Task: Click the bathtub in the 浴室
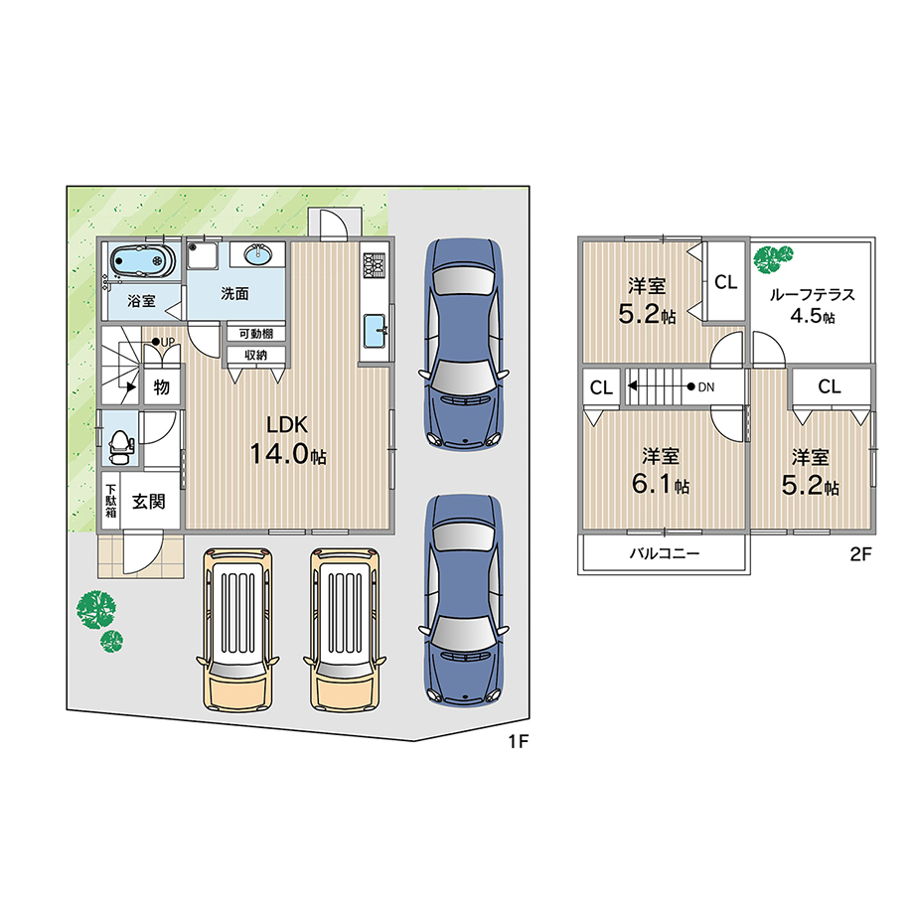pos(142,260)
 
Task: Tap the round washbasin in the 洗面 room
pos(257,253)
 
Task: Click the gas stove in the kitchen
pos(375,264)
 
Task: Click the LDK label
pos(287,425)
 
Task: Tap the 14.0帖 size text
pos(288,453)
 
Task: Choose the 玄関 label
pos(149,502)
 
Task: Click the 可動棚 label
pos(256,334)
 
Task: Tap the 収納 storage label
pos(256,355)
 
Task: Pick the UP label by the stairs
pos(167,342)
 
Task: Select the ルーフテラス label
pos(812,295)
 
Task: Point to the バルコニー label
pos(664,553)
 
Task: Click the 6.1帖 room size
pos(661,485)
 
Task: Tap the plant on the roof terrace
pos(773,259)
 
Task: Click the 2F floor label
pos(860,554)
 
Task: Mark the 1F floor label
pos(519,741)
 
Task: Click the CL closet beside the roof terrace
pos(725,282)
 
